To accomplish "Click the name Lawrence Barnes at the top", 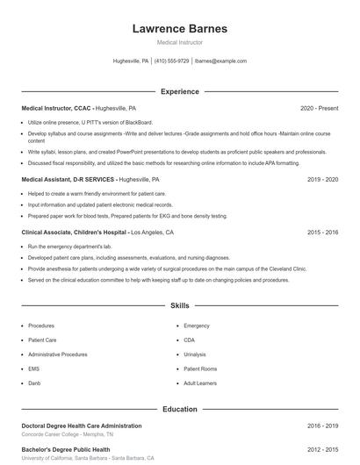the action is [179, 28].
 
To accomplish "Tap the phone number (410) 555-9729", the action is [172, 61].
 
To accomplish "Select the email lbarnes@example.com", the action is [220, 61].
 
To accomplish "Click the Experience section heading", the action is [179, 91].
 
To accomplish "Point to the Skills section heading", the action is [179, 306].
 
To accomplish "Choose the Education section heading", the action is [179, 409].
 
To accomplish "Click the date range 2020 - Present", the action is [319, 108].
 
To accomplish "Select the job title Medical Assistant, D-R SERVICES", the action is [68, 179].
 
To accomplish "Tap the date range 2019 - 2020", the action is [322, 179].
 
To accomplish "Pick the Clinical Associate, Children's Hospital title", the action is [75, 232].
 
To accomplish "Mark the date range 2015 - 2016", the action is [322, 232].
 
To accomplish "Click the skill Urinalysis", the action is [195, 354].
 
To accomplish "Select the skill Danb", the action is [34, 383].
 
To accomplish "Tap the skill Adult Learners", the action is [199, 383].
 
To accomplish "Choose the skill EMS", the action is [34, 368].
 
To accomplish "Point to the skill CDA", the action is [190, 340].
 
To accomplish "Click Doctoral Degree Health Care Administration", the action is [81, 426].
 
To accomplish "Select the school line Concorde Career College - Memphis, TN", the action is [68, 434].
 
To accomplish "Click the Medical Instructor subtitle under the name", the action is [179, 42].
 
